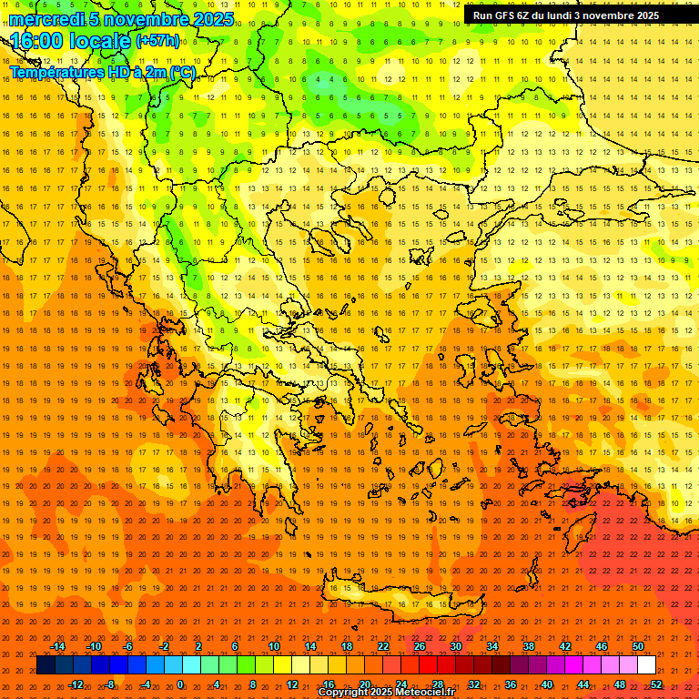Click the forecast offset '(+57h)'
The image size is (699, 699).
157,42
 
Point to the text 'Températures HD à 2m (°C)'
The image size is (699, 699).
102,72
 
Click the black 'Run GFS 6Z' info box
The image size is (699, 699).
566,15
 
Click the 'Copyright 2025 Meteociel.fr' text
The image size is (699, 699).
386,693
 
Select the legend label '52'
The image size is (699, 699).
656,684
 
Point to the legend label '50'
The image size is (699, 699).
638,646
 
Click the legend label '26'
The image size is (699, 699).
420,646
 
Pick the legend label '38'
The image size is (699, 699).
529,646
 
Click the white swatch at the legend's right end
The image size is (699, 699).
646,665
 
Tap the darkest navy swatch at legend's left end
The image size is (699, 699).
46,665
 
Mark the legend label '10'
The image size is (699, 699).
274,646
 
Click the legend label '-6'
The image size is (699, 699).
128,646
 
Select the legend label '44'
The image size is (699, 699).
583,684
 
